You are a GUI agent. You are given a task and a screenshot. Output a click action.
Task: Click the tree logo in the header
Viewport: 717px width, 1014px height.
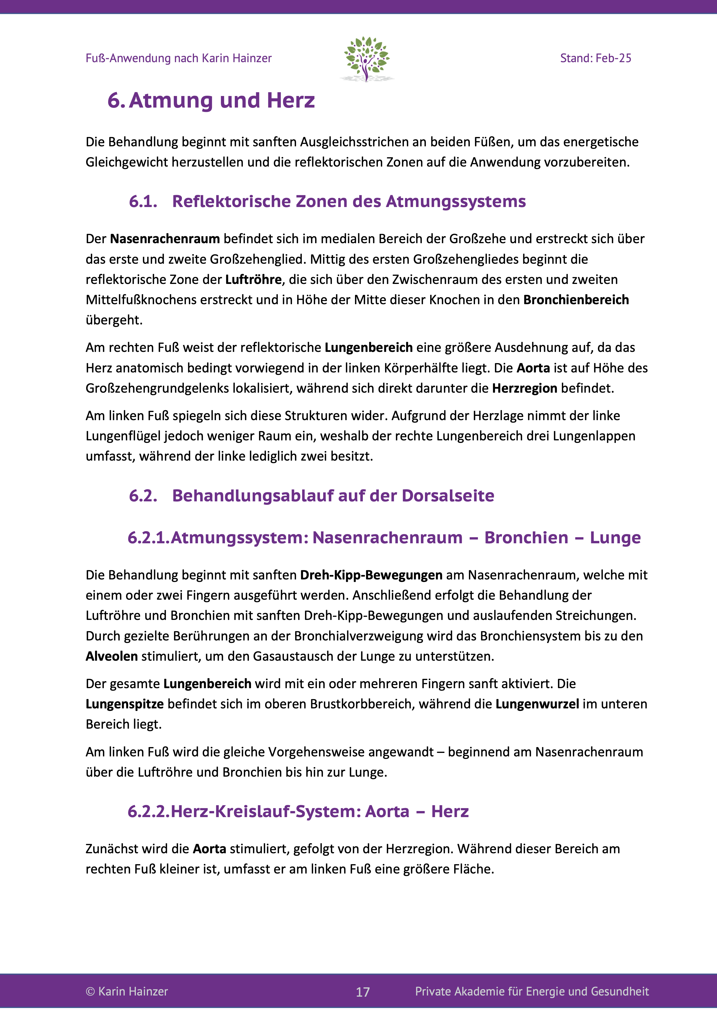click(x=366, y=59)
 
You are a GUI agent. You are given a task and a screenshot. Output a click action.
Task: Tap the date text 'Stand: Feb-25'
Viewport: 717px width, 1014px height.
click(x=595, y=58)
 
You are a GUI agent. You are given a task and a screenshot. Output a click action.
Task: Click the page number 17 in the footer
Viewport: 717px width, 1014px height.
click(x=363, y=992)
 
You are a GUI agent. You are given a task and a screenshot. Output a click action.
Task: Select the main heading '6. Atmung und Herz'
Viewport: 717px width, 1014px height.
click(x=211, y=100)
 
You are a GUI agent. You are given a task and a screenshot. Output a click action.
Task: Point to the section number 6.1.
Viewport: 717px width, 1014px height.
click(x=143, y=202)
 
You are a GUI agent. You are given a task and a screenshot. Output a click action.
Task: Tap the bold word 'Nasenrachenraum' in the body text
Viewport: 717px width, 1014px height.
click(x=165, y=239)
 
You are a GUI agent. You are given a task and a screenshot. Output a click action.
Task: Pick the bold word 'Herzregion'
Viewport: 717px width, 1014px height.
click(x=524, y=388)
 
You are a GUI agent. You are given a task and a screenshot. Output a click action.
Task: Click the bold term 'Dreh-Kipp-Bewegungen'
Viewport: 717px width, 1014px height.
click(x=371, y=575)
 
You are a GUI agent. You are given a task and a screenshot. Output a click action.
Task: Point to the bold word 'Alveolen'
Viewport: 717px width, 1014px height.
click(x=112, y=656)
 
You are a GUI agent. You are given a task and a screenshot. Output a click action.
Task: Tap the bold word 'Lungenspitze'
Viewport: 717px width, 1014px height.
click(x=125, y=704)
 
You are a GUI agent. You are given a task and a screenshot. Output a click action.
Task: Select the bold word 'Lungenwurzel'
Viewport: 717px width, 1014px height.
click(x=537, y=704)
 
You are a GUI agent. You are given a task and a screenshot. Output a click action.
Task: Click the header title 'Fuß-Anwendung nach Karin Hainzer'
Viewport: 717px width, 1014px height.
click(x=178, y=58)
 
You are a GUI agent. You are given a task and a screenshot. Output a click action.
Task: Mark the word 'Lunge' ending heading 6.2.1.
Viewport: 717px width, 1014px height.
click(x=615, y=538)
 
